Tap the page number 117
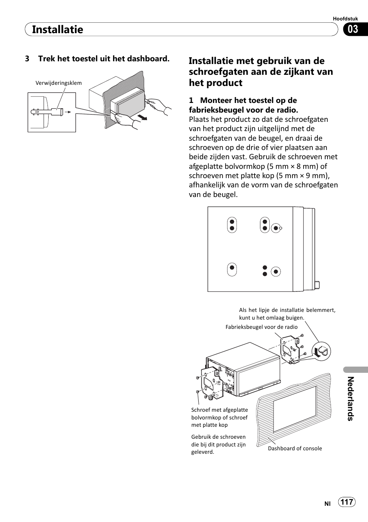pyautogui.click(x=347, y=502)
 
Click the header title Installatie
pyautogui.click(x=57, y=30)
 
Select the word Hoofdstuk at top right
pyautogui.click(x=345, y=19)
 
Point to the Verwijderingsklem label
pyautogui.click(x=59, y=83)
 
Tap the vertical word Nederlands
pyautogui.click(x=350, y=399)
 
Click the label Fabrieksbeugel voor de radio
pyautogui.click(x=262, y=327)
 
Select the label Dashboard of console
pyautogui.click(x=295, y=448)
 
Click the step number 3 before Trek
pyautogui.click(x=27, y=59)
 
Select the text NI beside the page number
pyautogui.click(x=327, y=503)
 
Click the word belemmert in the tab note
pyautogui.click(x=321, y=310)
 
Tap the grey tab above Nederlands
pyautogui.click(x=355, y=369)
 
